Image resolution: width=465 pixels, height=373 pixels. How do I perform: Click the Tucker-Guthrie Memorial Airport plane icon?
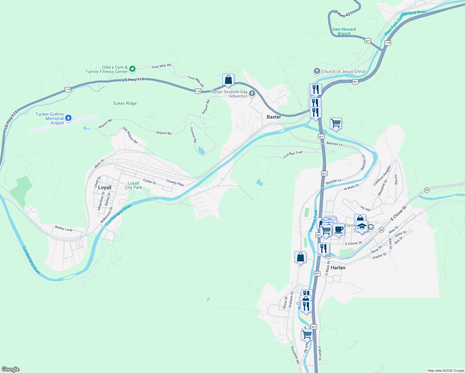68,118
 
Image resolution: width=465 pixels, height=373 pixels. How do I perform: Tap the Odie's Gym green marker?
132,69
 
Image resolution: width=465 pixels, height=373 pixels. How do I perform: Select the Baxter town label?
274,117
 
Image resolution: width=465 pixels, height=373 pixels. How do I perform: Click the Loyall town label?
104,187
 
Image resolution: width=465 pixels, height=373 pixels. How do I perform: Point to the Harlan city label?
338,268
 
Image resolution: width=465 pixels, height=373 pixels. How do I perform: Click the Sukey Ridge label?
125,103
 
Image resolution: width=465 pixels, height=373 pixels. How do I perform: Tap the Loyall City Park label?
133,185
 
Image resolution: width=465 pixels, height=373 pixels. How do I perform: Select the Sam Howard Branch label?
344,31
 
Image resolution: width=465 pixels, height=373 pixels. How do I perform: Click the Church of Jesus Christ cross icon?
317,71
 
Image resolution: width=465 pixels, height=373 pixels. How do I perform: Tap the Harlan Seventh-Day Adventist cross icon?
252,93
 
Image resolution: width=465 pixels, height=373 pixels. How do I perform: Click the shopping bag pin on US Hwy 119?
228,80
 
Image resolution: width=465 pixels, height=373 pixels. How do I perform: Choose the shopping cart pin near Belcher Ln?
336,123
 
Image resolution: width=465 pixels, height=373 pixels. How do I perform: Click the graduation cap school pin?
362,226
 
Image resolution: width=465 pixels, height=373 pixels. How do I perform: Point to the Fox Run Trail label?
293,154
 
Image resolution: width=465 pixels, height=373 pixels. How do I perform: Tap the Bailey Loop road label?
64,228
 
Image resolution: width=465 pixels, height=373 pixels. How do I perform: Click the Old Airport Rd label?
130,135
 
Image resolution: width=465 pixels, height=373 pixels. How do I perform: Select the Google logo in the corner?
11,369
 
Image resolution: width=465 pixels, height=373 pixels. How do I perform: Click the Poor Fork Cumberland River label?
405,22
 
